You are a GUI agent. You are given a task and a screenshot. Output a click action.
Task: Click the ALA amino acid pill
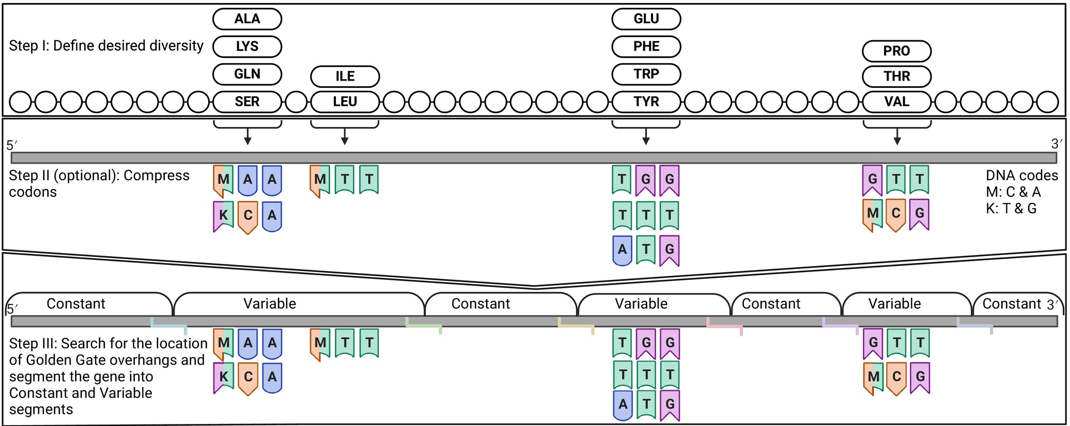247,19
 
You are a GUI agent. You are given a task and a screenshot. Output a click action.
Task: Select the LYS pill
247,46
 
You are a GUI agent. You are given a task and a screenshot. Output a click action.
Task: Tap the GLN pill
247,74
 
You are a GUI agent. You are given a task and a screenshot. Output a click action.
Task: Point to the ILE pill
345,76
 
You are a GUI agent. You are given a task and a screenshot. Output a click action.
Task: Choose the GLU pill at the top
646,19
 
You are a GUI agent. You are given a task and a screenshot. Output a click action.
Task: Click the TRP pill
646,74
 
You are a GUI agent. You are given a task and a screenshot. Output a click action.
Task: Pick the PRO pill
897,51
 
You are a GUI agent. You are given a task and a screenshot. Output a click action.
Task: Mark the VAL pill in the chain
897,102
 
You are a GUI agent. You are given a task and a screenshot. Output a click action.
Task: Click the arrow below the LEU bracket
345,136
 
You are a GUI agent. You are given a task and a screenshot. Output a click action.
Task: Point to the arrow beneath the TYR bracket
646,136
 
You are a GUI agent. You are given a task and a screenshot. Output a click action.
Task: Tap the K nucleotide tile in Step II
223,216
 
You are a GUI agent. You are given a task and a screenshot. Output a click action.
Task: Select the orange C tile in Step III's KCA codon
248,378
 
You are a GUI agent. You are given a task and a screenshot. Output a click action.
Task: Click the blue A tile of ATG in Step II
622,250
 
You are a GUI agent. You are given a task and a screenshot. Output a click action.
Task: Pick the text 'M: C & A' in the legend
1013,192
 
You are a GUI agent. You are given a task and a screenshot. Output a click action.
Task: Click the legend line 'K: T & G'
1011,209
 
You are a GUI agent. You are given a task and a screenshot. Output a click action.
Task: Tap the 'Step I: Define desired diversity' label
106,46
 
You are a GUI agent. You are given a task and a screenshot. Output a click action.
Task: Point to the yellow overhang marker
576,325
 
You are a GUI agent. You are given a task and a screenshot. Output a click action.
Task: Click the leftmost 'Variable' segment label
270,304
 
